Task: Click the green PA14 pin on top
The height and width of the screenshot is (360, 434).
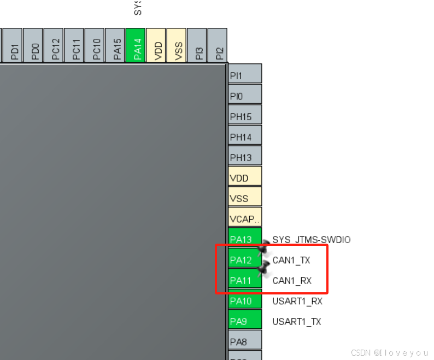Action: coord(136,46)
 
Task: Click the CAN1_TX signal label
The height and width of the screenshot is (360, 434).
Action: coord(291,260)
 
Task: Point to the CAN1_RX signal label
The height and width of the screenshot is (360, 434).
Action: coord(292,281)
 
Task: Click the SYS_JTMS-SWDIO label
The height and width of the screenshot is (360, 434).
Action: coord(312,239)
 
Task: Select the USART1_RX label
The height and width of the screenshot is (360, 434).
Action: coord(297,301)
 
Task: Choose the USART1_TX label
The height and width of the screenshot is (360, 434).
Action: coord(297,321)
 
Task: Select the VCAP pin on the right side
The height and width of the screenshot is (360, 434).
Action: coord(244,219)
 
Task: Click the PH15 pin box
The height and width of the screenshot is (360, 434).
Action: coord(244,116)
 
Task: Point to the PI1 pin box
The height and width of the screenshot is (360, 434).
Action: coord(244,75)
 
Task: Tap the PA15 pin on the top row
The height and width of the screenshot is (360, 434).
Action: coord(115,46)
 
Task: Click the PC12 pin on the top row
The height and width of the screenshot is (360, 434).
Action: coord(54,46)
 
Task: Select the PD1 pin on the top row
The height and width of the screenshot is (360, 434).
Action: coord(14,46)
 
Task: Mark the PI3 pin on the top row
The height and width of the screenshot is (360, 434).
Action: coord(197,46)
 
